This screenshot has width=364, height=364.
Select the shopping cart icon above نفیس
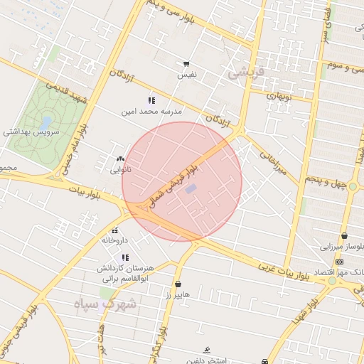pyautogui.click(x=186, y=63)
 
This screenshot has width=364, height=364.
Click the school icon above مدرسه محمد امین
pyautogui.click(x=151, y=101)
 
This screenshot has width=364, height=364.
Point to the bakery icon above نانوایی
pyautogui.click(x=119, y=159)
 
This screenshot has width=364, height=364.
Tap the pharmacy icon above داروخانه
pyautogui.click(x=115, y=229)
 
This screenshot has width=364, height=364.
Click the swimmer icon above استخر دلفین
pyautogui.click(x=206, y=350)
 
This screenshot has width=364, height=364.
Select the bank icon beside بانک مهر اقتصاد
pyautogui.click(x=338, y=263)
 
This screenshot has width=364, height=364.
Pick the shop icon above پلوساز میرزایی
pyautogui.click(x=345, y=235)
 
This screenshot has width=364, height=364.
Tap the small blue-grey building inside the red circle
pyautogui.click(x=191, y=189)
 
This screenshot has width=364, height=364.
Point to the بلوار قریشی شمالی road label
pyautogui.click(x=178, y=181)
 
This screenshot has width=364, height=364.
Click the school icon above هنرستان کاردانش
pyautogui.click(x=126, y=257)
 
